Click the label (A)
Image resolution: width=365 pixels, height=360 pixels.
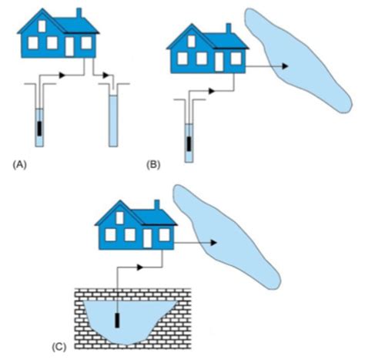click(x=19, y=164)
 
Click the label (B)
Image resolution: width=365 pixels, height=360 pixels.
click(x=153, y=164)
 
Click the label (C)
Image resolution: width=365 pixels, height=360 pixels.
click(x=59, y=347)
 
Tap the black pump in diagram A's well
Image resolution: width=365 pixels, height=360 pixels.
click(x=39, y=129)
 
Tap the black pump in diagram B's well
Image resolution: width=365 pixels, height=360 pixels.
click(x=189, y=144)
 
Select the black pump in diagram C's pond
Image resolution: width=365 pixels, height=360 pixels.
click(x=117, y=321)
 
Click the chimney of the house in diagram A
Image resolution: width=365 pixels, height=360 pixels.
click(x=79, y=13)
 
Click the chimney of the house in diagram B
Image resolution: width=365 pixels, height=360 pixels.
click(x=229, y=29)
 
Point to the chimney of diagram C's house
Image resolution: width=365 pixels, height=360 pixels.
click(x=157, y=205)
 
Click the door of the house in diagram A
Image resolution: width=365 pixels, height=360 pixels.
click(x=69, y=46)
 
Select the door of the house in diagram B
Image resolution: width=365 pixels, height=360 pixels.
click(x=219, y=62)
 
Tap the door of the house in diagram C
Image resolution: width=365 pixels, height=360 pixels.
click(x=147, y=238)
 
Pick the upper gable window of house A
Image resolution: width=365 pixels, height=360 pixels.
click(x=42, y=26)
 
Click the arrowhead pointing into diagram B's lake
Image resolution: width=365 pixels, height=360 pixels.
click(x=285, y=66)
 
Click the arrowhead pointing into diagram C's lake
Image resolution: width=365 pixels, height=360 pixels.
click(x=214, y=243)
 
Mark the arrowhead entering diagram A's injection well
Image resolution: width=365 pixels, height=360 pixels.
click(x=105, y=76)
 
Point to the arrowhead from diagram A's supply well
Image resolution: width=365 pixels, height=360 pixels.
click(x=62, y=76)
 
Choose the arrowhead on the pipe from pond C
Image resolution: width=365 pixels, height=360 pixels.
click(x=140, y=267)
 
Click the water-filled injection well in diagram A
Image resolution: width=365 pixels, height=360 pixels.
click(x=113, y=121)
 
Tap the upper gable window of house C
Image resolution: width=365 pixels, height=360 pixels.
click(x=120, y=218)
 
